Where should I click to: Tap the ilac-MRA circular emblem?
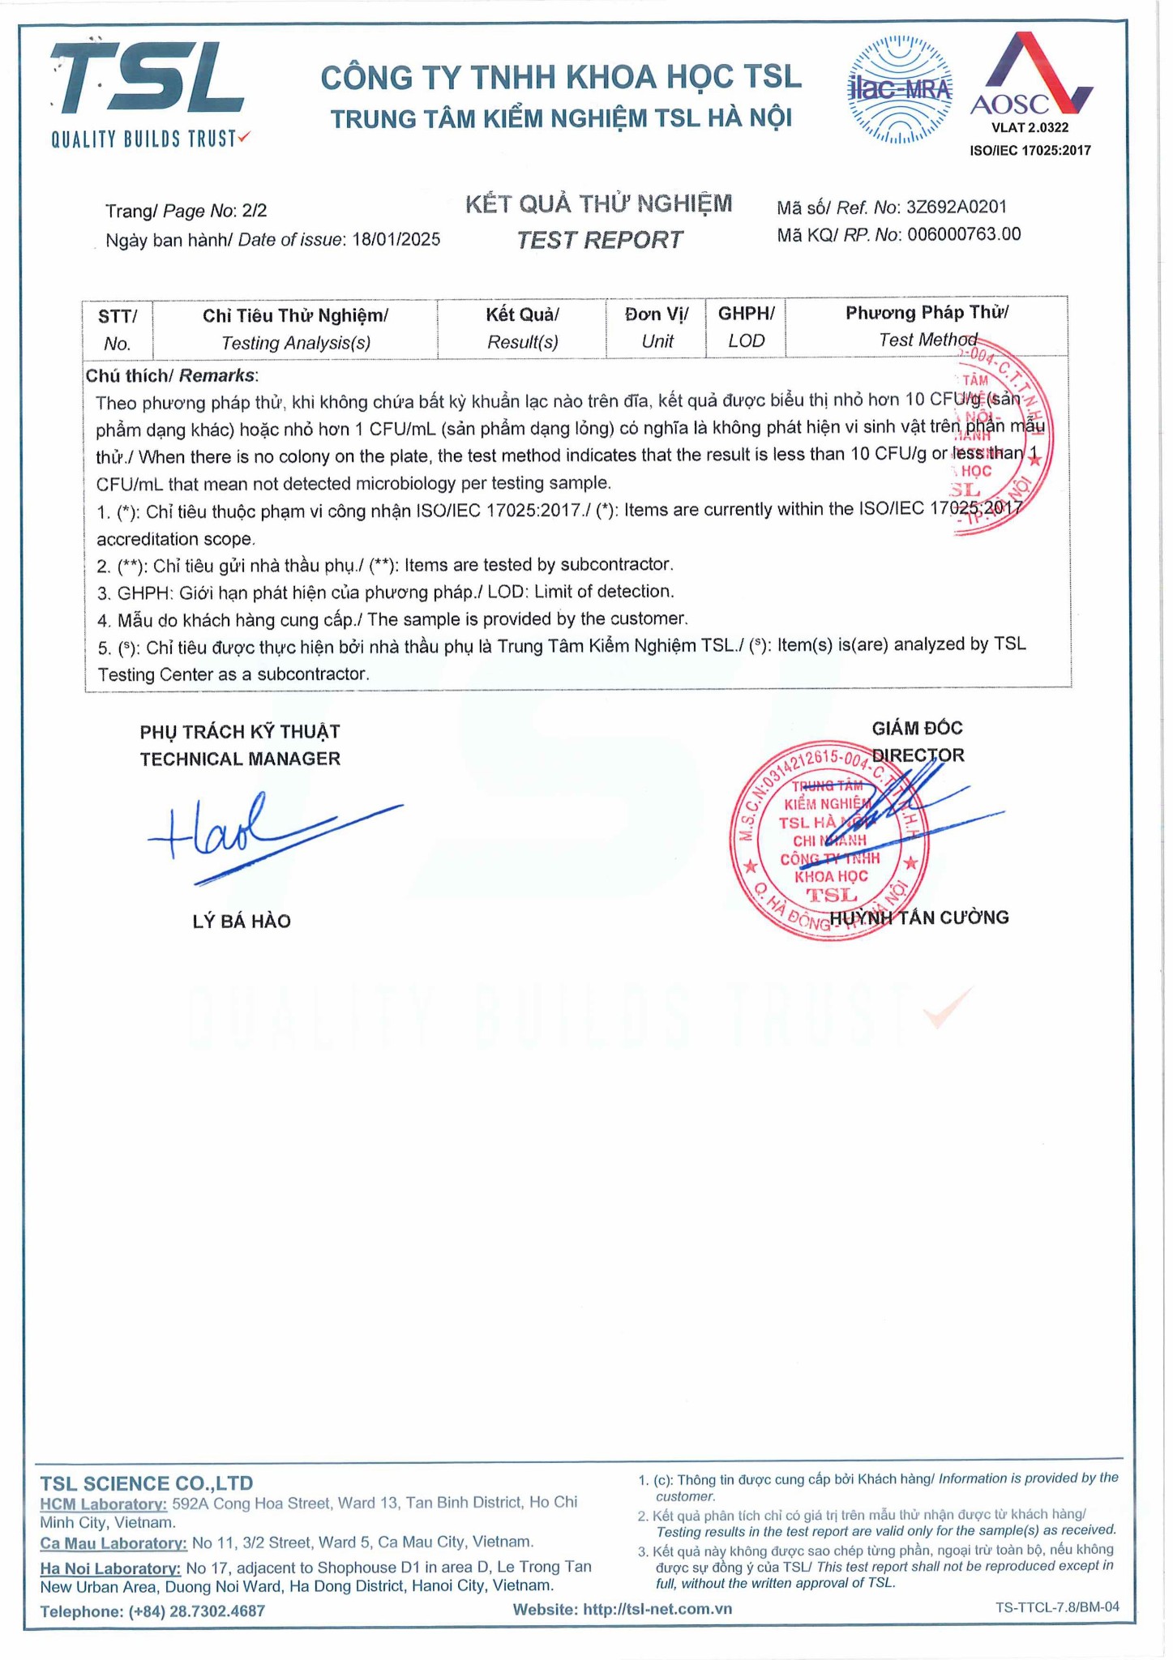pos(899,89)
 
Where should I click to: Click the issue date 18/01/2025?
pos(396,240)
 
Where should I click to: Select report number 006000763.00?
pos(964,235)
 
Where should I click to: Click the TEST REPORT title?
pos(599,240)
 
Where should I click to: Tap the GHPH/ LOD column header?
pos(746,327)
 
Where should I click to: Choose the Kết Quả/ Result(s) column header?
pos(522,327)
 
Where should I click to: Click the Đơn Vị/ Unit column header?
pos(657,327)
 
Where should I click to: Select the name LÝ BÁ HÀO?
pos(242,921)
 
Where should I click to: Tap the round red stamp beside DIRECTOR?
pos(828,841)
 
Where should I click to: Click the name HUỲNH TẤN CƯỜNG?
pos(919,918)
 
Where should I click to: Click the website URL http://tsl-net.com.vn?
pos(657,1609)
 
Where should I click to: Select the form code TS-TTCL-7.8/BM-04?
pos(1057,1607)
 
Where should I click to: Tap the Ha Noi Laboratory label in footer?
pos(110,1568)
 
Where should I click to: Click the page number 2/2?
pos(254,211)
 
